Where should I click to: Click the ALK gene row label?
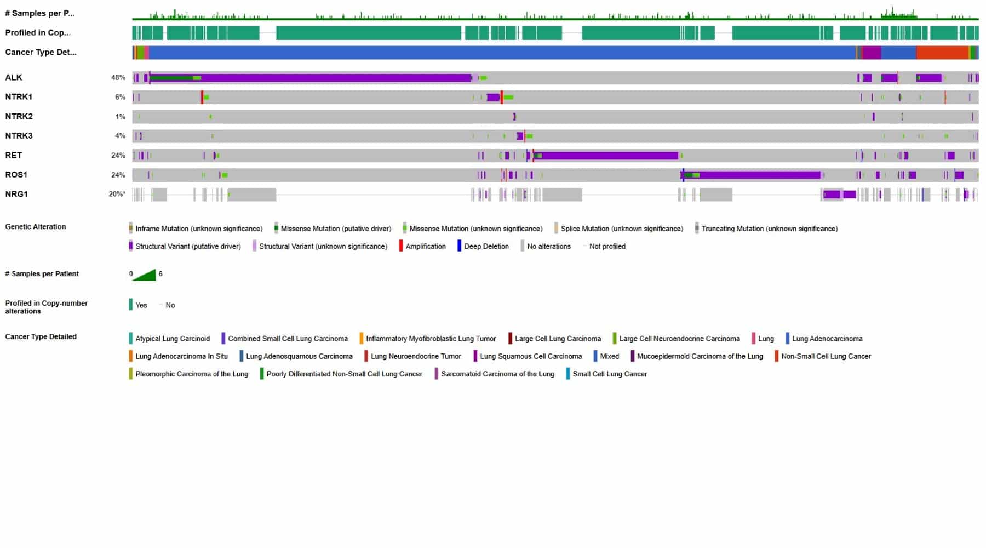point(14,77)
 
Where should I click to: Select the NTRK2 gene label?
point(19,116)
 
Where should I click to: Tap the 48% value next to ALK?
point(118,77)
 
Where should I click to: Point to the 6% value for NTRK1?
point(120,97)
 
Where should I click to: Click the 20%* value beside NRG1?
point(117,194)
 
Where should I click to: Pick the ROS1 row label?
point(16,175)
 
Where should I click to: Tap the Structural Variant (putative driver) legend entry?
point(188,247)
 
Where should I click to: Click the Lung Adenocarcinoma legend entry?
point(827,339)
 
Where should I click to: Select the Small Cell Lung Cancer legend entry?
point(609,374)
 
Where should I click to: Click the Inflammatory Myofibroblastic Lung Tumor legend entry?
point(431,339)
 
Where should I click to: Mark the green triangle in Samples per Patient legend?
point(145,275)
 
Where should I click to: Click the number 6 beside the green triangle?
point(160,274)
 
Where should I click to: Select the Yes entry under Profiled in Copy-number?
point(141,305)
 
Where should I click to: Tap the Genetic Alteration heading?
point(36,227)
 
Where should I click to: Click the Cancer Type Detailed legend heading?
point(41,337)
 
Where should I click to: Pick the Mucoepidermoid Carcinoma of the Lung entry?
point(700,356)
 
